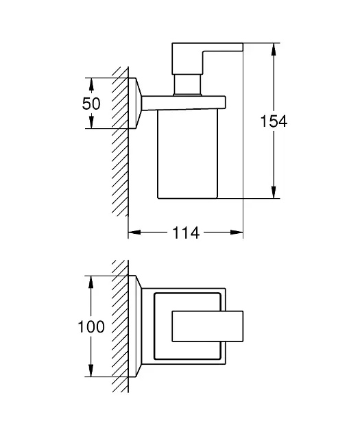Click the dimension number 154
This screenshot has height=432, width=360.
[274, 121]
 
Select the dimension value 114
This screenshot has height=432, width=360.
[185, 233]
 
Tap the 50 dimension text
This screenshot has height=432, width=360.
[91, 104]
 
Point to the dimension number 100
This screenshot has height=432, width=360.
[91, 327]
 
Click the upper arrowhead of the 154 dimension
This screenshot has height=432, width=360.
[273, 49]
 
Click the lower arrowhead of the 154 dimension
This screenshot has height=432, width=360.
[273, 192]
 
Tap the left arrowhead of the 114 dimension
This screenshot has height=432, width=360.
[134, 232]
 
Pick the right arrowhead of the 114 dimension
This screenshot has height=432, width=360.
[237, 232]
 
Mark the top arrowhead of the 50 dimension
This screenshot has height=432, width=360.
[91, 84]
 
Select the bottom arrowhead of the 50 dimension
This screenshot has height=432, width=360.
[91, 122]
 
